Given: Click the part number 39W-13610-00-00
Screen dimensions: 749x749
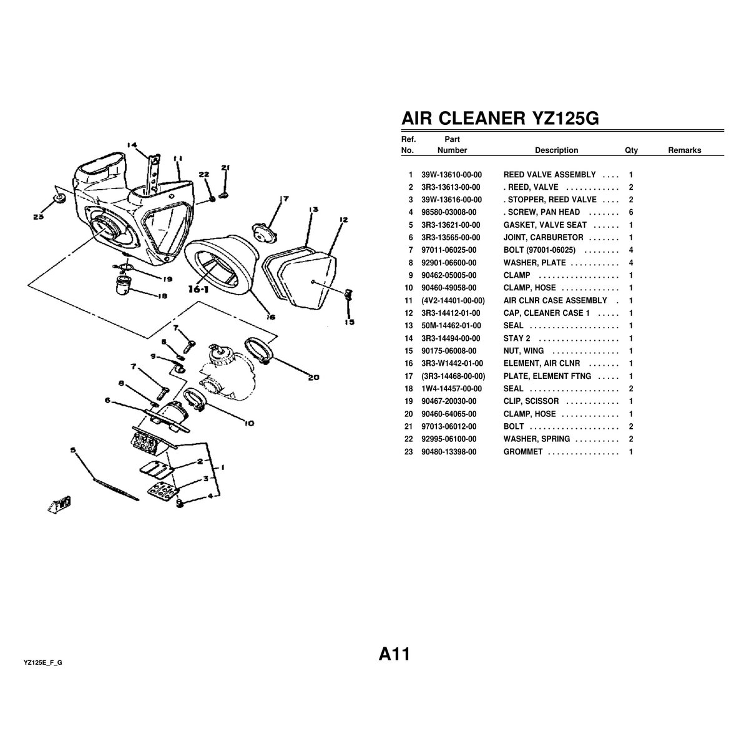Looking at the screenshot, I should click(x=451, y=175).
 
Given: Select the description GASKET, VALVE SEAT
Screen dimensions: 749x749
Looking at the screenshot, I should click(x=545, y=225).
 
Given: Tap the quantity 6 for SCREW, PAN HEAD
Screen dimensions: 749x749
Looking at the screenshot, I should click(x=631, y=212).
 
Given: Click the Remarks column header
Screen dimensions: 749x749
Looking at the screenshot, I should click(x=684, y=150).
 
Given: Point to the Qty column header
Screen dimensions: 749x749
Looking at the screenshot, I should click(x=631, y=150).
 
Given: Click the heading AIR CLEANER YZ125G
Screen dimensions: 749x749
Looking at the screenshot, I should click(x=499, y=119).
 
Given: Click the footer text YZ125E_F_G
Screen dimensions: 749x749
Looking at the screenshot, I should click(x=43, y=662).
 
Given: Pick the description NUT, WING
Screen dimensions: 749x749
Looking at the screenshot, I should click(x=523, y=351).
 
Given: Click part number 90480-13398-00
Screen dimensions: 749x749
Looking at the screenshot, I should click(x=449, y=451).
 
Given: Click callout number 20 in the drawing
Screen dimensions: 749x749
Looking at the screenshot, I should click(x=313, y=377).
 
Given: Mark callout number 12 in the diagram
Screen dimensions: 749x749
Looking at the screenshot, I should click(x=343, y=220).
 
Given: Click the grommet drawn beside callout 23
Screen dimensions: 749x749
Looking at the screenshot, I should click(x=60, y=198).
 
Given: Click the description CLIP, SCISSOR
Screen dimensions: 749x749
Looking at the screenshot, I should click(x=531, y=401).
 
